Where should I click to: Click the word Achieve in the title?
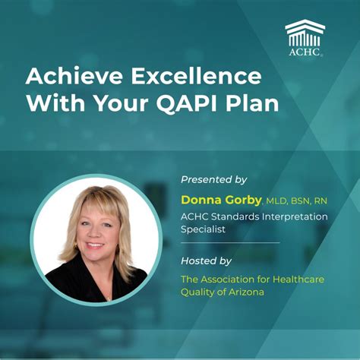click(x=68, y=76)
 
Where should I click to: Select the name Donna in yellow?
click(x=201, y=199)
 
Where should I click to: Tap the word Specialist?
click(x=204, y=229)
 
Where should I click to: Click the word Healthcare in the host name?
click(x=298, y=279)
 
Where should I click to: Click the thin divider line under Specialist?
click(x=230, y=243)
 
